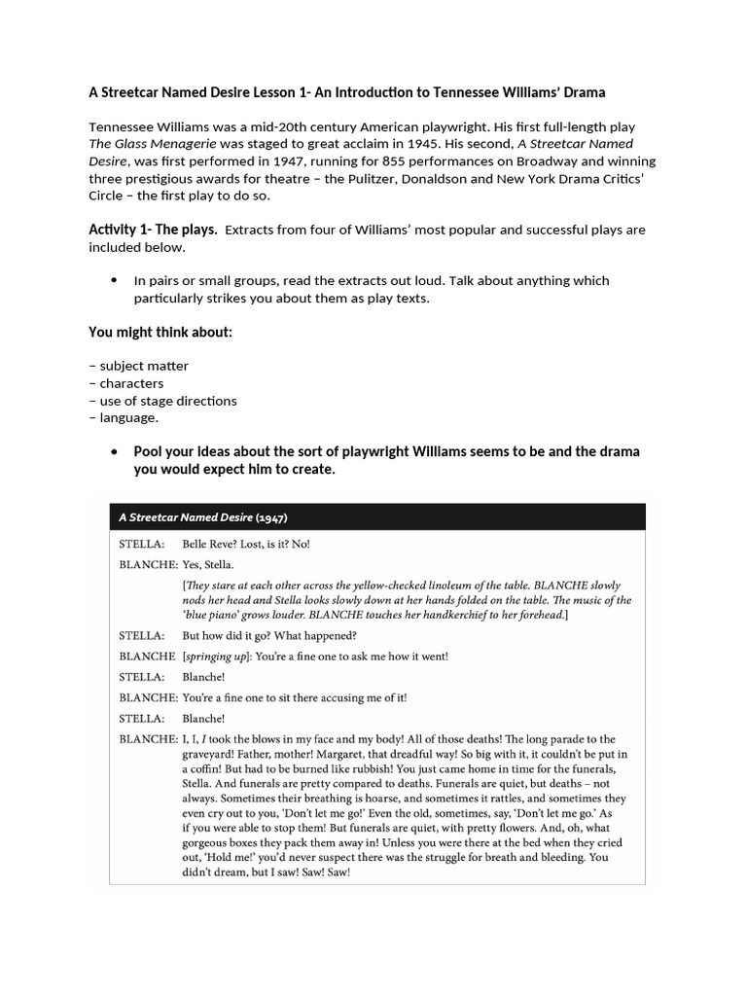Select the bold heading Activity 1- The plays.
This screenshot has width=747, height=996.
point(153,231)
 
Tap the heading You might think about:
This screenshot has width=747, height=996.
point(160,333)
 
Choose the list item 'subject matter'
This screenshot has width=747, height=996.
point(144,367)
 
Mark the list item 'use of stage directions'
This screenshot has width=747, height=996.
point(167,401)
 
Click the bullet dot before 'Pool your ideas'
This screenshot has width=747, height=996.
point(114,452)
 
